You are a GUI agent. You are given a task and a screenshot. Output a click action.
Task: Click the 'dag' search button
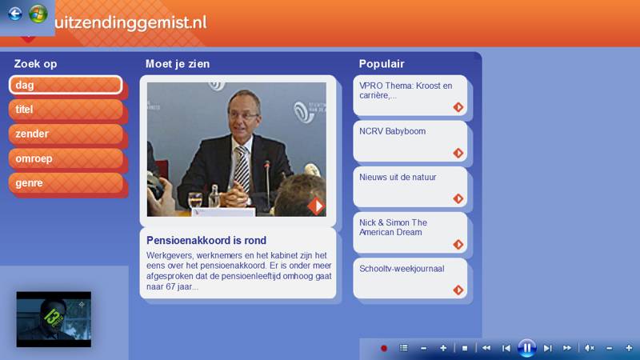tap(66, 85)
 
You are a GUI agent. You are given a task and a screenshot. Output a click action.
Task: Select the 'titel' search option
tap(66, 110)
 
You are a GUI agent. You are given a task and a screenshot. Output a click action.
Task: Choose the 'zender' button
tap(66, 134)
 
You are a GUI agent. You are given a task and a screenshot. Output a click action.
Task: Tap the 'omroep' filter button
tap(66, 158)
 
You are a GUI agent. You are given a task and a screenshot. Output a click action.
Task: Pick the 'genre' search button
tap(66, 183)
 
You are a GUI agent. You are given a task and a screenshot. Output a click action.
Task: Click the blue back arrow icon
tap(15, 14)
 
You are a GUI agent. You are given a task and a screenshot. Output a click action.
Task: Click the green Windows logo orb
tap(38, 14)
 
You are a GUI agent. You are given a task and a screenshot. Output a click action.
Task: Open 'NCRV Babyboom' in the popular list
tap(410, 142)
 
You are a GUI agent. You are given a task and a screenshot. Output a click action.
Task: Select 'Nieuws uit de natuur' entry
tap(410, 187)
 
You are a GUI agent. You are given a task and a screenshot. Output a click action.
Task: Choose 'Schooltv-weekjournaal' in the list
tap(410, 278)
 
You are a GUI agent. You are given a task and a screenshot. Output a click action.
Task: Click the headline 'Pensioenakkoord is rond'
tap(206, 241)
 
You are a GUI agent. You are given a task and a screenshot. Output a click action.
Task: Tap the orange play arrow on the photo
tap(316, 206)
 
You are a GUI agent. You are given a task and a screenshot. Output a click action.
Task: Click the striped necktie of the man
tap(242, 168)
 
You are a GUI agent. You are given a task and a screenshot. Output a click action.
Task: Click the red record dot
tap(384, 348)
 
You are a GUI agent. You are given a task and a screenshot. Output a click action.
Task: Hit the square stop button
tap(465, 348)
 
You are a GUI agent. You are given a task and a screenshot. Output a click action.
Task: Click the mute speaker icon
tap(589, 348)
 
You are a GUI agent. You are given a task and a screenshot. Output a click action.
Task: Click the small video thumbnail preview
tap(54, 319)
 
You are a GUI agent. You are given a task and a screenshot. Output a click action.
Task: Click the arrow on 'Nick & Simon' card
tap(458, 245)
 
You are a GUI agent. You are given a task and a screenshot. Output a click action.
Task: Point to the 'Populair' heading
tap(382, 64)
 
